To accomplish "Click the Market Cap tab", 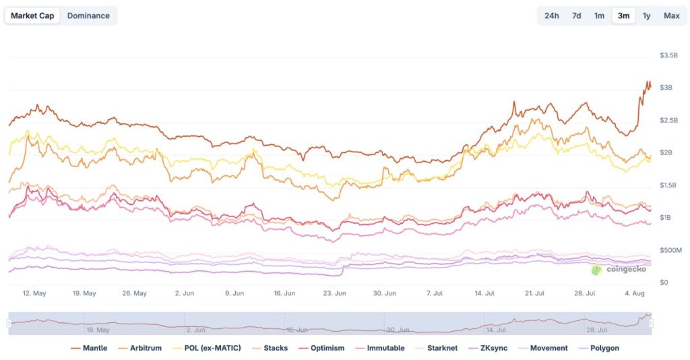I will (x=32, y=16).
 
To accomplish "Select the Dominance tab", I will (x=88, y=16).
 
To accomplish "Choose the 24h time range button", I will (x=551, y=16).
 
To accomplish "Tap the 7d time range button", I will (x=576, y=16).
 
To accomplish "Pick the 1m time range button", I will (x=599, y=16).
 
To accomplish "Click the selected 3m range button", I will (x=623, y=16).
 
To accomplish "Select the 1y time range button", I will (x=646, y=16).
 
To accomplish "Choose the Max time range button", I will (x=671, y=16).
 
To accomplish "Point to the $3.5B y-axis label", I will (x=668, y=55).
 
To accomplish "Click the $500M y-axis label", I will (x=670, y=250).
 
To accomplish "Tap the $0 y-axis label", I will (x=664, y=282).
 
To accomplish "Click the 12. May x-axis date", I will (x=34, y=293).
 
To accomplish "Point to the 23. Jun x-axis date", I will (x=335, y=293).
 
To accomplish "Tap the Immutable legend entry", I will (x=385, y=348).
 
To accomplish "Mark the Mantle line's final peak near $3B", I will (x=648, y=82).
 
